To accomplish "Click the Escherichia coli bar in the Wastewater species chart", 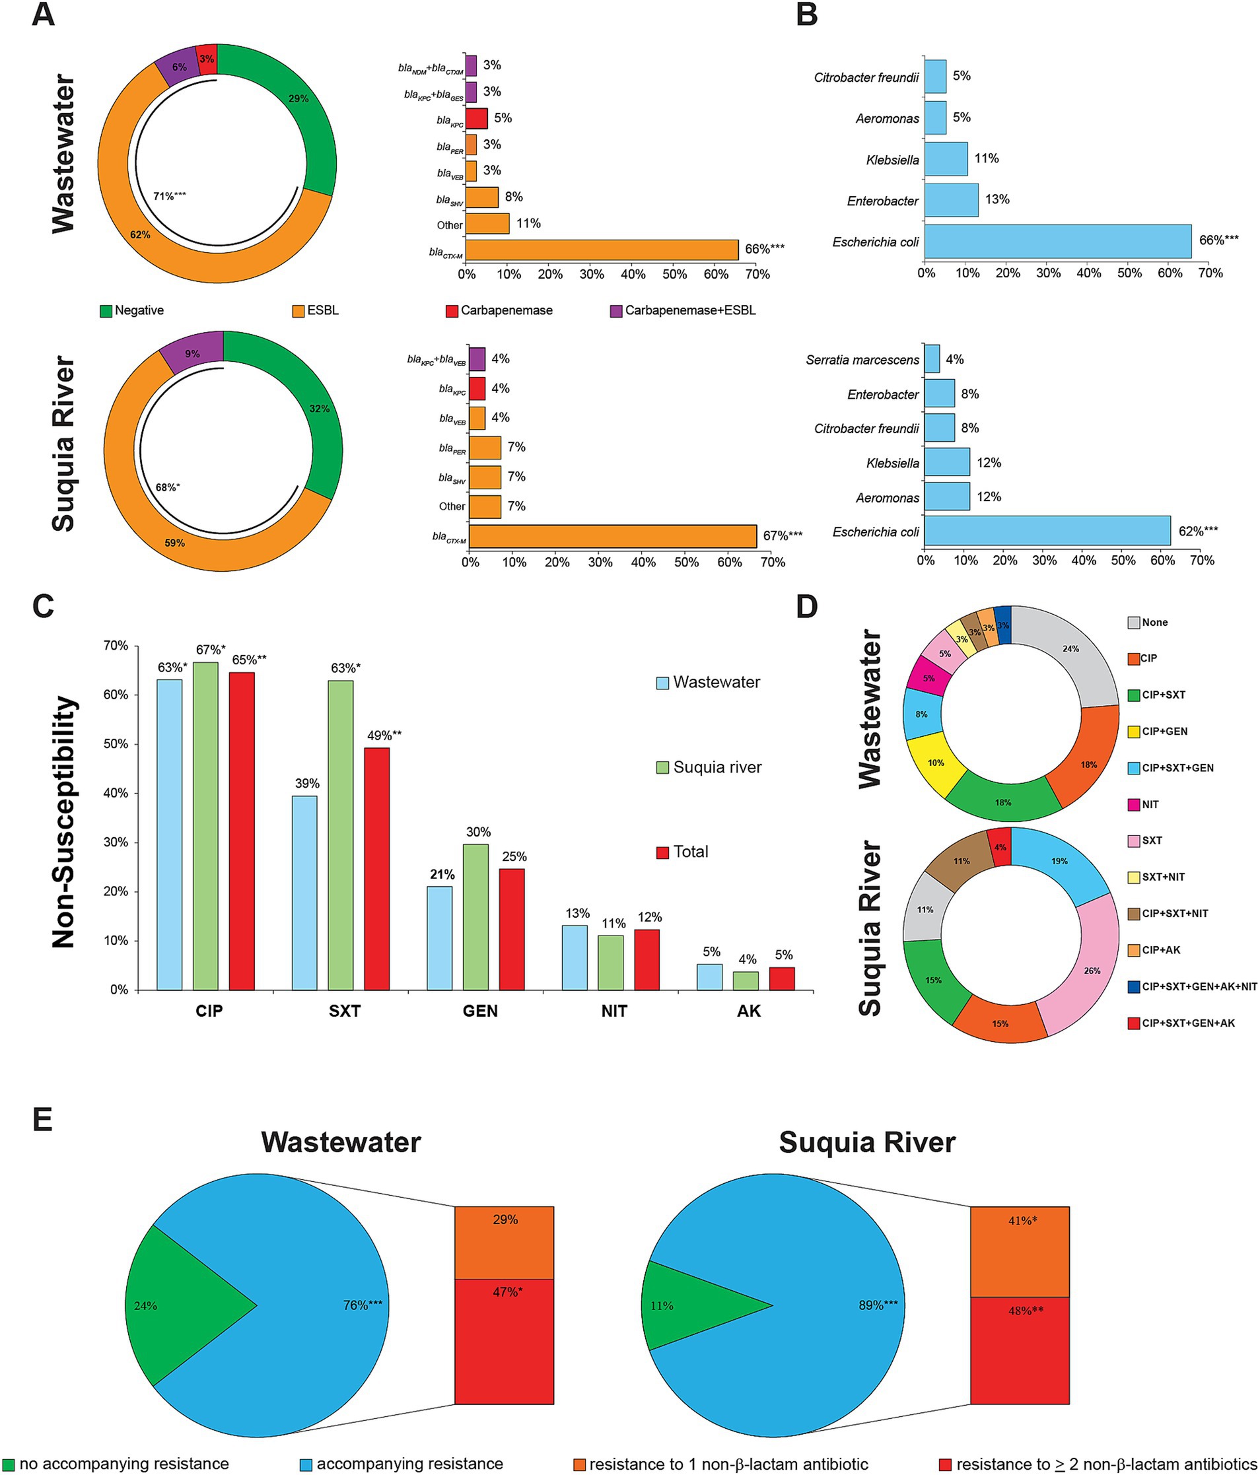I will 1057,242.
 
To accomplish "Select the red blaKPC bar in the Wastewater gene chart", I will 476,118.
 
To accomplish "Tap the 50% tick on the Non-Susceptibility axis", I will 117,744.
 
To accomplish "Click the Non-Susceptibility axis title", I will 65,822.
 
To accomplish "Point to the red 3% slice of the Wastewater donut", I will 207,59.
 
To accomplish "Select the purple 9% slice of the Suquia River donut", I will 192,353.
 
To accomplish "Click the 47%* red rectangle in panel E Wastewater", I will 504,1341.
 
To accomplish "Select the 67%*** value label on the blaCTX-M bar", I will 783,535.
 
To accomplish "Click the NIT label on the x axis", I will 613,1011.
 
